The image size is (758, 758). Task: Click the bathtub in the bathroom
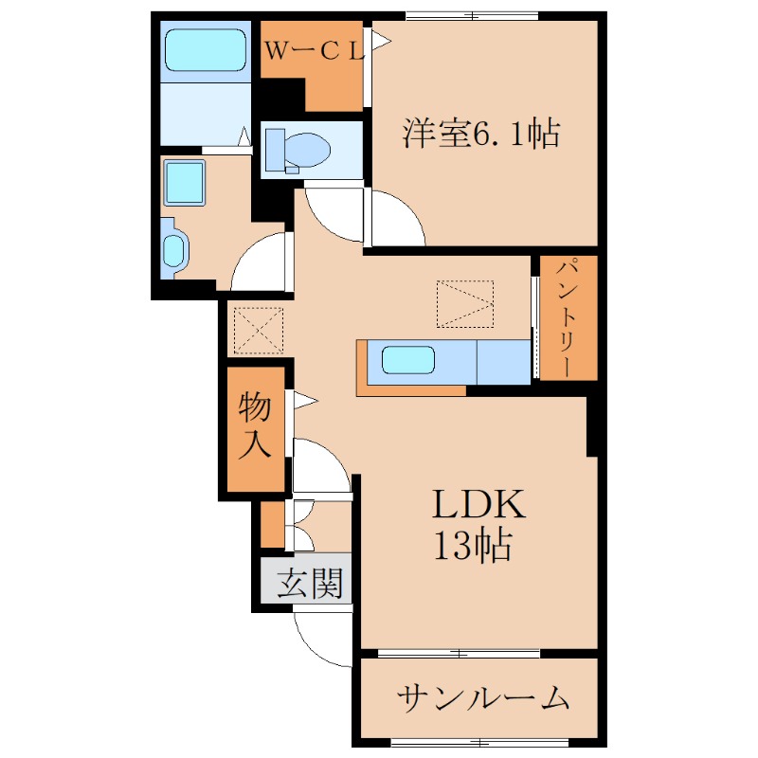point(206,50)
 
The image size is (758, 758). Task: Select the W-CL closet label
point(315,51)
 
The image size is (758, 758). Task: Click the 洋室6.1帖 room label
point(481,133)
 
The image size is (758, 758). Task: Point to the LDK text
point(478,504)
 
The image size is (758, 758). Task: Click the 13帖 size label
point(473,546)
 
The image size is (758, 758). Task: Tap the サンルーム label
point(483,698)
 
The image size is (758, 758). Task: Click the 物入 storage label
point(255,424)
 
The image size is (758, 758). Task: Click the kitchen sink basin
point(408,360)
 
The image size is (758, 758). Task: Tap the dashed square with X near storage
point(258,331)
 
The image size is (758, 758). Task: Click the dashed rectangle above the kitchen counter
point(465,304)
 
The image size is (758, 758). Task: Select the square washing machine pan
point(184,183)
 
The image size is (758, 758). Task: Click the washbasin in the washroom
point(173,249)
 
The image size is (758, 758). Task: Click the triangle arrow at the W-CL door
point(381,41)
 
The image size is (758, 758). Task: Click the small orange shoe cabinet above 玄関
point(273,525)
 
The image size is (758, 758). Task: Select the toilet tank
point(276,150)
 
